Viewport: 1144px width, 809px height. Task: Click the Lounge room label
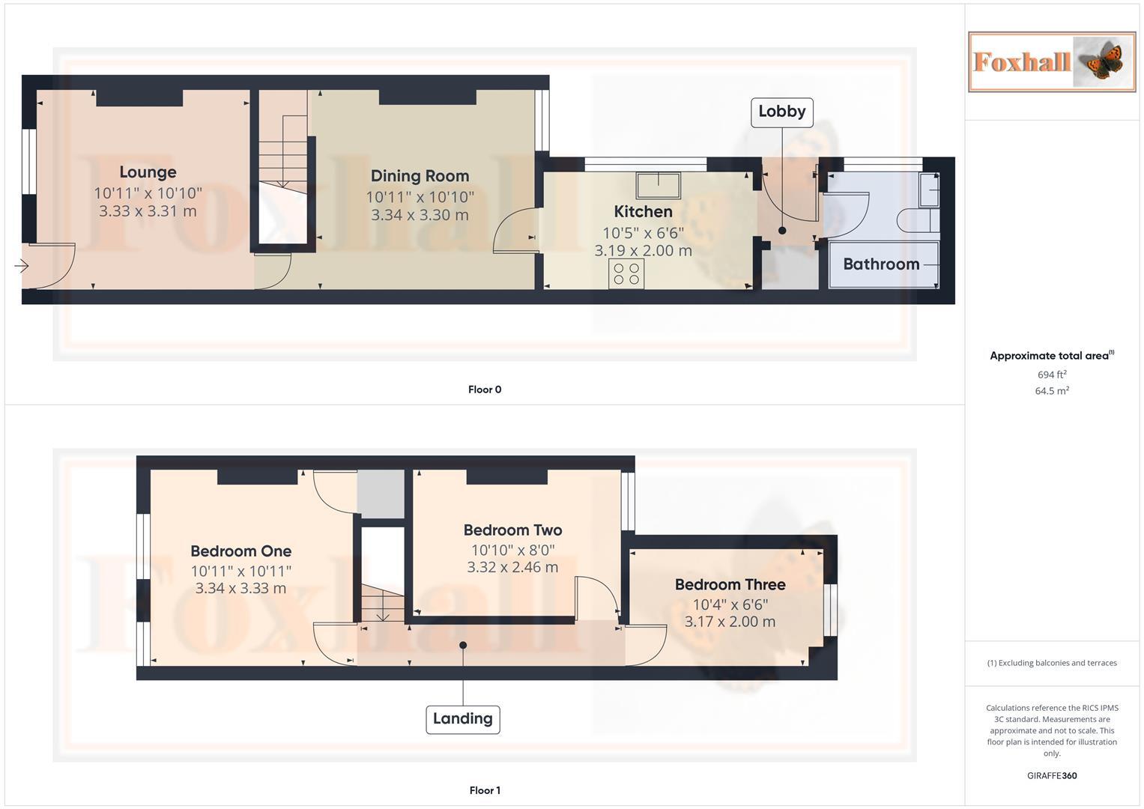point(148,172)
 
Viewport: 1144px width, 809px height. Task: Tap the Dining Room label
point(420,176)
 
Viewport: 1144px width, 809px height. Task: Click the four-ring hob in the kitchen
point(626,273)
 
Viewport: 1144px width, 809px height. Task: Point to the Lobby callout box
point(781,112)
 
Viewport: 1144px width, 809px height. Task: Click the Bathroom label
point(881,264)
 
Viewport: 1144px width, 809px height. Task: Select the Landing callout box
point(462,719)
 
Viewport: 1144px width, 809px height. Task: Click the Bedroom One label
point(240,551)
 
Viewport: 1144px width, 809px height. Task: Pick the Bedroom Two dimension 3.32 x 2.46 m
point(512,567)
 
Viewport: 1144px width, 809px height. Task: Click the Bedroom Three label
point(730,584)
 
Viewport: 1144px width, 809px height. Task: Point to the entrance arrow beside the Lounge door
point(21,266)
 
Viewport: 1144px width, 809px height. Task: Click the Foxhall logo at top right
point(1051,61)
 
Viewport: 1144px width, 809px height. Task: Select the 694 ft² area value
point(1051,375)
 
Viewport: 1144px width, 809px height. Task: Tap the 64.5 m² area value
point(1051,391)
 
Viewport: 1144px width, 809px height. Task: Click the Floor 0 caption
point(485,390)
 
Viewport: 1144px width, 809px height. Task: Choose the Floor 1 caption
point(485,790)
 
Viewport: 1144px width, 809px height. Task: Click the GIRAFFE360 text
point(1051,776)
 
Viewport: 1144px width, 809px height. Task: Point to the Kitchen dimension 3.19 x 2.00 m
point(643,251)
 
